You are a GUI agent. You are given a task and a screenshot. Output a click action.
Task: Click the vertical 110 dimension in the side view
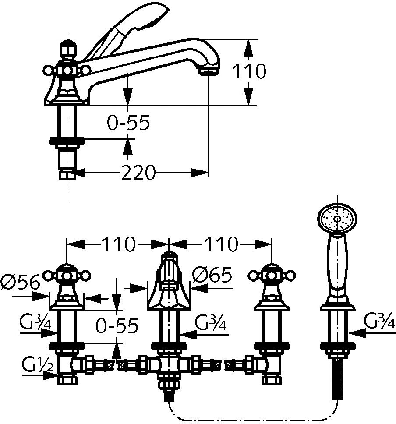click(248, 72)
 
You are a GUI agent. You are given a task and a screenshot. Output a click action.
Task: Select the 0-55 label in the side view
click(129, 124)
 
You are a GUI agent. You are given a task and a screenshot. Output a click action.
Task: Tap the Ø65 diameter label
click(212, 276)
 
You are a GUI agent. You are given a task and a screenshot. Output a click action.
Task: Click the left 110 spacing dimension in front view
click(118, 244)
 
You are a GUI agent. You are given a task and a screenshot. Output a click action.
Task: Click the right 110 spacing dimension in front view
click(221, 244)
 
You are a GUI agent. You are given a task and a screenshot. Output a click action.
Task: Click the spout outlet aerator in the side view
click(209, 70)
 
